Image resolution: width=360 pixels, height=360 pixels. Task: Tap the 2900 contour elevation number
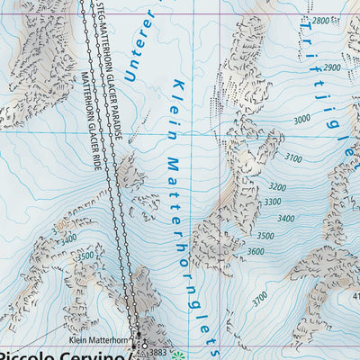point(332,67)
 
